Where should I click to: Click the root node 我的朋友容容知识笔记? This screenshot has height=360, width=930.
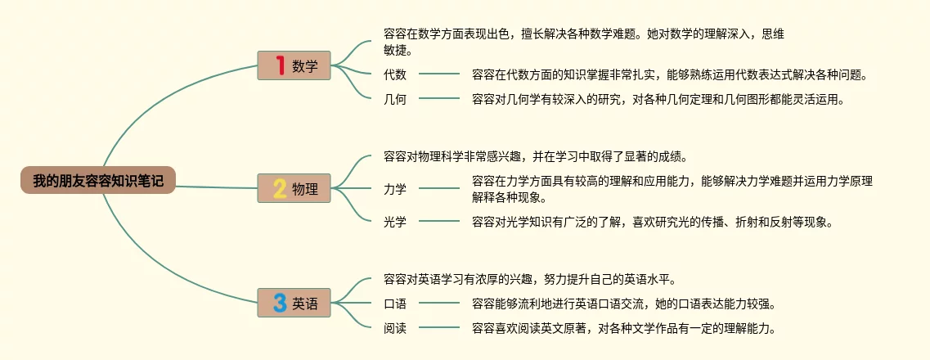tap(98, 181)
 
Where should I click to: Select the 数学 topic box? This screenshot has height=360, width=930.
tap(294, 66)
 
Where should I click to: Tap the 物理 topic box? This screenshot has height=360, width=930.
tap(294, 189)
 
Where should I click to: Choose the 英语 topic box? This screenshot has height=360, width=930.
tap(294, 304)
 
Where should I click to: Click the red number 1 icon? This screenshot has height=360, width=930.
tap(280, 66)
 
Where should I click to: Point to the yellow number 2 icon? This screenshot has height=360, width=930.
tap(280, 189)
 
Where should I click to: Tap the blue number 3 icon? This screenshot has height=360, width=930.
tap(280, 304)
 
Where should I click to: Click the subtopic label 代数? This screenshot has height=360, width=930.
tap(395, 74)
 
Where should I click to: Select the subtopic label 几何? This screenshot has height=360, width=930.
tap(395, 100)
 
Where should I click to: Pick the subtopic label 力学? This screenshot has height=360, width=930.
tap(395, 189)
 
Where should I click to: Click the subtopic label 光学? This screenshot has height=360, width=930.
tap(395, 221)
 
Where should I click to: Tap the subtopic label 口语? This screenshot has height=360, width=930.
tap(395, 304)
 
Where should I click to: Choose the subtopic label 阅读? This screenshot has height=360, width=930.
tap(395, 328)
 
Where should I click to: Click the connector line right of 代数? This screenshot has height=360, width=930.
tap(439, 74)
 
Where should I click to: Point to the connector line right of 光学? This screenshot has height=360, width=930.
tap(439, 221)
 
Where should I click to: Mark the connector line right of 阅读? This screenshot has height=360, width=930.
tap(439, 328)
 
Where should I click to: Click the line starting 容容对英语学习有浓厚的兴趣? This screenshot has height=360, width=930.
tap(529, 278)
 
